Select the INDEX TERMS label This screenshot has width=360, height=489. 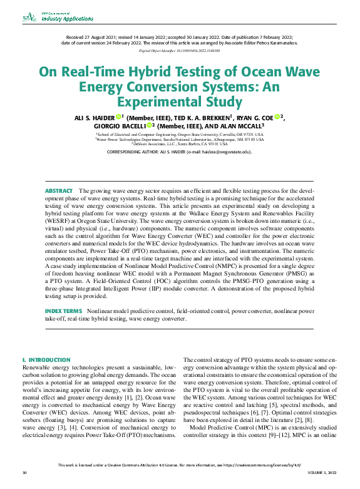click(x=63, y=311)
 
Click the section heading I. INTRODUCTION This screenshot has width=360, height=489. click(x=46, y=360)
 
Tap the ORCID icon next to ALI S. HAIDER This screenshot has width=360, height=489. click(x=118, y=116)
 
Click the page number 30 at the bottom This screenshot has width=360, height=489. click(x=24, y=481)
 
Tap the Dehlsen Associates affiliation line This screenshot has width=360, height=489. click(x=180, y=143)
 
